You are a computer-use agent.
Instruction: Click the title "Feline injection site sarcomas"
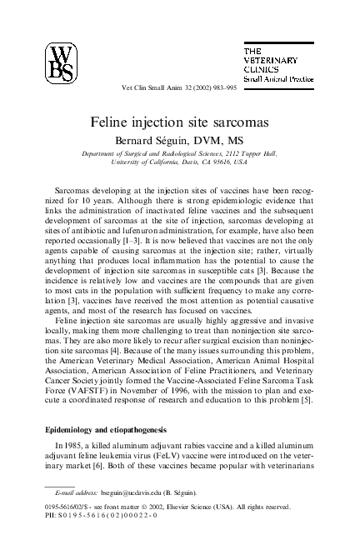(179, 122)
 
